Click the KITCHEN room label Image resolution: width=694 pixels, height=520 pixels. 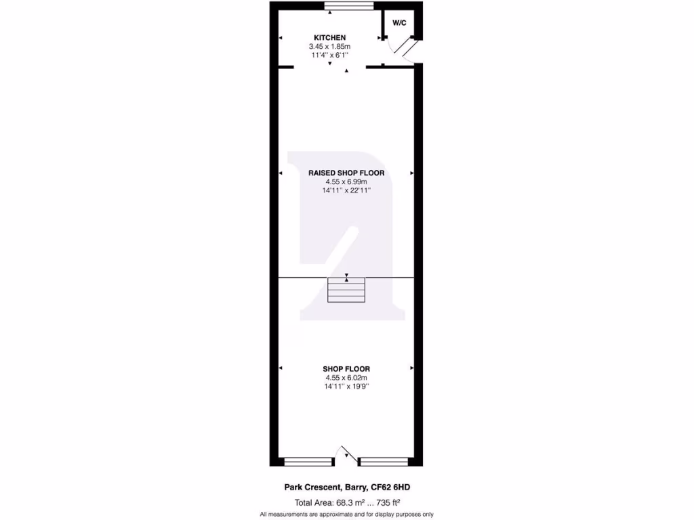[x=330, y=37]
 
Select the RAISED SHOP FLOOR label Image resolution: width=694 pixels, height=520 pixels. [x=346, y=173]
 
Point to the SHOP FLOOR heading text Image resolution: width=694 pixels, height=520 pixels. [x=346, y=369]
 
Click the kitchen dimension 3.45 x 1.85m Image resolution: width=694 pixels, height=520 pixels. [x=330, y=46]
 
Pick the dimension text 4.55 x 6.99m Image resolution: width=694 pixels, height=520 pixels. [x=346, y=182]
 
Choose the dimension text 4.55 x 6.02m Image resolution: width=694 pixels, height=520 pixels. [x=346, y=378]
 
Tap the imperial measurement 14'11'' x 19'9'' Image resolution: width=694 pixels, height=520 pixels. [x=346, y=387]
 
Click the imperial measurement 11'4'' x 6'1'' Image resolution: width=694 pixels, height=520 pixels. [x=330, y=55]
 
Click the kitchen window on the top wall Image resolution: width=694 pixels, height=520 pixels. [x=348, y=7]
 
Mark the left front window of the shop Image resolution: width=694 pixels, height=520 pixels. [x=309, y=462]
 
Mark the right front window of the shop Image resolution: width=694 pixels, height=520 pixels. [x=384, y=462]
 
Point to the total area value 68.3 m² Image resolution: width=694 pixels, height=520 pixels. [x=356, y=502]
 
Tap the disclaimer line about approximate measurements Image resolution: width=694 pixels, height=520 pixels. [x=346, y=515]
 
